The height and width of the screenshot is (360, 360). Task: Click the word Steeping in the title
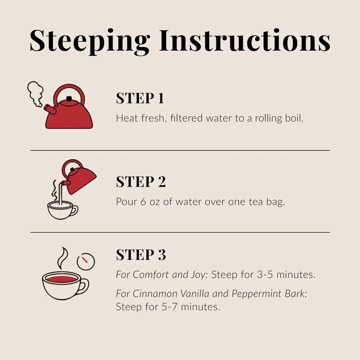(x=90, y=41)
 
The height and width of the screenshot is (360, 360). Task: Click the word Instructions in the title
(x=245, y=40)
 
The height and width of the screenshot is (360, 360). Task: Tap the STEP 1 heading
(x=140, y=98)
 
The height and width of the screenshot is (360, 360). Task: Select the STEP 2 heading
(x=141, y=181)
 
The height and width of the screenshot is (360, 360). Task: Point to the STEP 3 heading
(x=141, y=255)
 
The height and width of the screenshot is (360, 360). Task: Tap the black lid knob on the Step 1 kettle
(x=69, y=99)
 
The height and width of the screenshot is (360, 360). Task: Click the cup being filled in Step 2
(x=62, y=210)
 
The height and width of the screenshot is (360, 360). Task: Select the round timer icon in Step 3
(x=86, y=261)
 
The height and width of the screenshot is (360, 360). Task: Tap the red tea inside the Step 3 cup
(x=62, y=279)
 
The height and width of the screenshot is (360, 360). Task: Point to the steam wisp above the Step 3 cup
(x=62, y=258)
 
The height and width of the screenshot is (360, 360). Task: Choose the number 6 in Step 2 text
(x=143, y=202)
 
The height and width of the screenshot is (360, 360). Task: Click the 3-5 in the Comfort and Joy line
(x=265, y=275)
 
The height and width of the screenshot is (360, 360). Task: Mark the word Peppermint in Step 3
(x=256, y=294)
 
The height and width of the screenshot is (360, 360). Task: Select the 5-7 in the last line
(x=170, y=307)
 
